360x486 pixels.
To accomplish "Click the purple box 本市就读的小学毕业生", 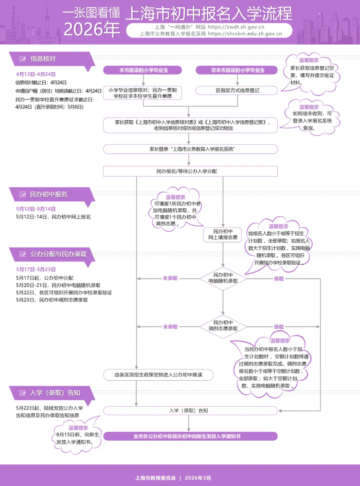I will pos(142,70).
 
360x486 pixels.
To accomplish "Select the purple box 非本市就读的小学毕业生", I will pos(237,70).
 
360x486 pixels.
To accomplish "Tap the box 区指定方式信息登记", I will pos(237,91).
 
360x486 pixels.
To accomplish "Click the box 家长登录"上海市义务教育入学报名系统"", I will pos(190,149).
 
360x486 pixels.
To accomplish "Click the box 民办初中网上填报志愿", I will pos(223,234).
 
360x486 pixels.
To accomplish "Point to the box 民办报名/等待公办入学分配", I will pos(190,171).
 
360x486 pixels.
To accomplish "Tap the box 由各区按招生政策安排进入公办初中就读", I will pos(159,374).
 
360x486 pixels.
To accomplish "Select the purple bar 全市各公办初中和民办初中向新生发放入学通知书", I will pos(190,436).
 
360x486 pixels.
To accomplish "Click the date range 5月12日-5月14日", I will pos(36,209).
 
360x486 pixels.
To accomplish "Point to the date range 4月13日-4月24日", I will pos(36,74).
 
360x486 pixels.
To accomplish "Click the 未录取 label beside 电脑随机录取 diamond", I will pos(170,278).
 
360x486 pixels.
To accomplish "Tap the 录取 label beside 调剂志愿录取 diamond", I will pos(279,327).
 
